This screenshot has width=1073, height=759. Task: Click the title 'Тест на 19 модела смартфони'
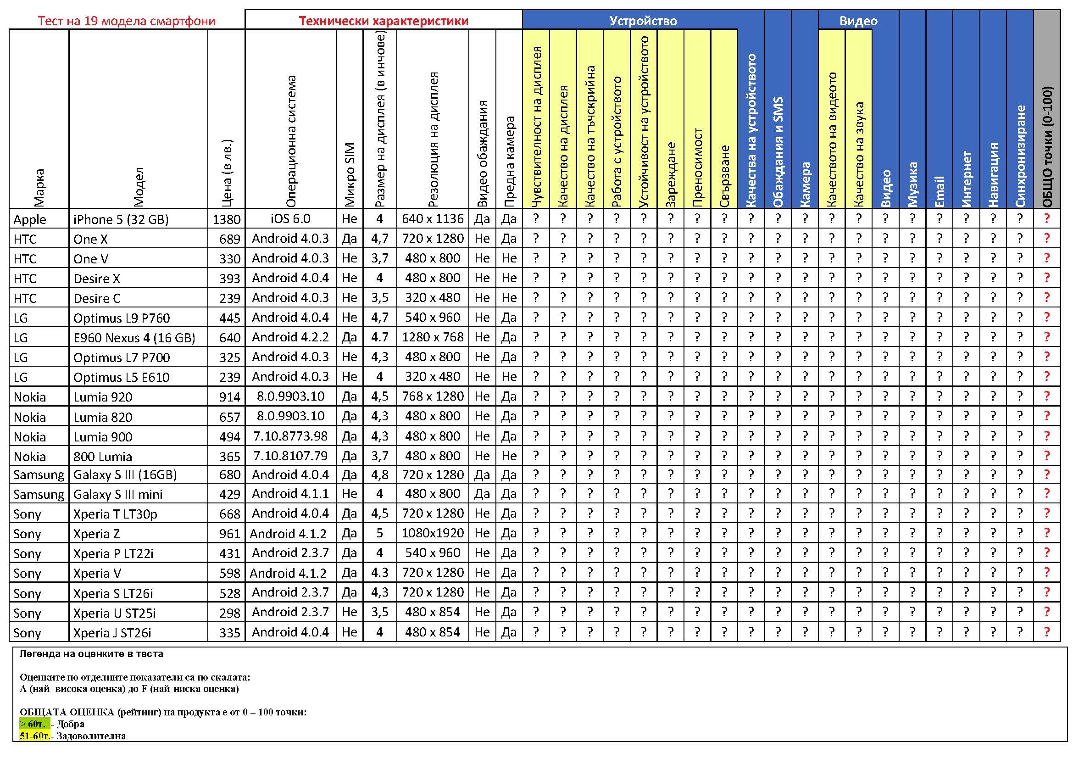pos(126,21)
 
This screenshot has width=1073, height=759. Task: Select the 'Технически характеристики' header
pos(383,21)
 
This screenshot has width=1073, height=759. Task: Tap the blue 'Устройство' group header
pos(643,21)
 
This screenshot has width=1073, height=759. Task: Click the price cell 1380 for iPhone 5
pos(227,219)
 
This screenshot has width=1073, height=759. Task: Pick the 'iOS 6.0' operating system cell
pos(290,219)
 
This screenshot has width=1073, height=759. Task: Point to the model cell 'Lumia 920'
pos(103,397)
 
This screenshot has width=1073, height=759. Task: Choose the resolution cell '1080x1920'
pos(433,533)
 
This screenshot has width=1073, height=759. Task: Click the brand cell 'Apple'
pos(30,219)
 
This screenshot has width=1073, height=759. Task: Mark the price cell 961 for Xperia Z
pos(229,534)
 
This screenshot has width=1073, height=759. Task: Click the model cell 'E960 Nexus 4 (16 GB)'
pos(134,338)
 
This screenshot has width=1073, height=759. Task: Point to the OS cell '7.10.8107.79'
pos(290,456)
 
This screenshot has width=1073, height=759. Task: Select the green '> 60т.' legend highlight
pos(33,724)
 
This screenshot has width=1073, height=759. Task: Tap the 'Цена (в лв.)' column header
pos(227,173)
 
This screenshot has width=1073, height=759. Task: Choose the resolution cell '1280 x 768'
pos(433,337)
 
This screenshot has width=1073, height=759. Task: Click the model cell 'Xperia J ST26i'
pos(112,633)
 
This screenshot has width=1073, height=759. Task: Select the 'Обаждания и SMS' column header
pos(778,152)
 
